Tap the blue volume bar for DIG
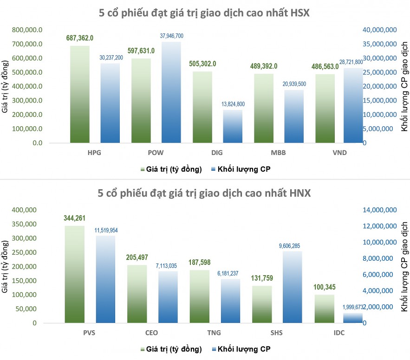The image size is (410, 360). tap(233, 126)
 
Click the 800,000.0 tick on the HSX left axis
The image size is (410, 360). tap(28, 30)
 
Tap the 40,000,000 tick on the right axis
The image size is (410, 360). tap(379, 30)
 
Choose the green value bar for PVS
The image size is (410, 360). tap(74, 274)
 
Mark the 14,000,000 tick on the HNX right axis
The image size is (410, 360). tap(380, 210)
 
